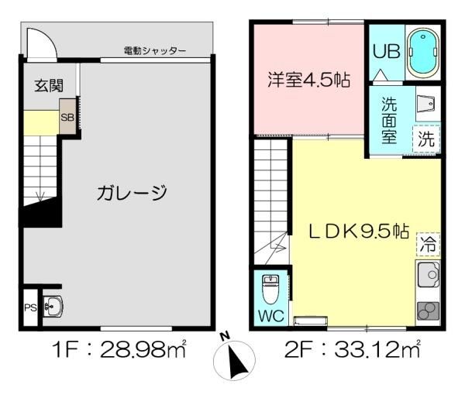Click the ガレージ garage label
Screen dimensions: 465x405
point(132,193)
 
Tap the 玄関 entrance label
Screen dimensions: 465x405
point(49,86)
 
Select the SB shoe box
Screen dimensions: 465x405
point(67,118)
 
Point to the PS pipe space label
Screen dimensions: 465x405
point(30,308)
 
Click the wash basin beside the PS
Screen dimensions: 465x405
point(53,307)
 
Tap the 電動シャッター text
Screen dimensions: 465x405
point(155,50)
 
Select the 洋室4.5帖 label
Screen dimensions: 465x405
point(308,80)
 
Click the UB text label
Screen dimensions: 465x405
point(387,51)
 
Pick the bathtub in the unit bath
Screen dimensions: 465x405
point(423,53)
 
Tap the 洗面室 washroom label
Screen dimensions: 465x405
point(389,120)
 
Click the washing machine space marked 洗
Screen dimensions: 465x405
point(426,139)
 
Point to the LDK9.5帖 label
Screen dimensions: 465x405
point(359,232)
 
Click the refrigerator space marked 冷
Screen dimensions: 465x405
point(429,245)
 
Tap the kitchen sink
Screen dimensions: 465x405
point(429,275)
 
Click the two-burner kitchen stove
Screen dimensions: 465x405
point(429,311)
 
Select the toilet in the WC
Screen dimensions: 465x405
point(270,289)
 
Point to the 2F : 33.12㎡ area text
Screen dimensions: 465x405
point(353,350)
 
